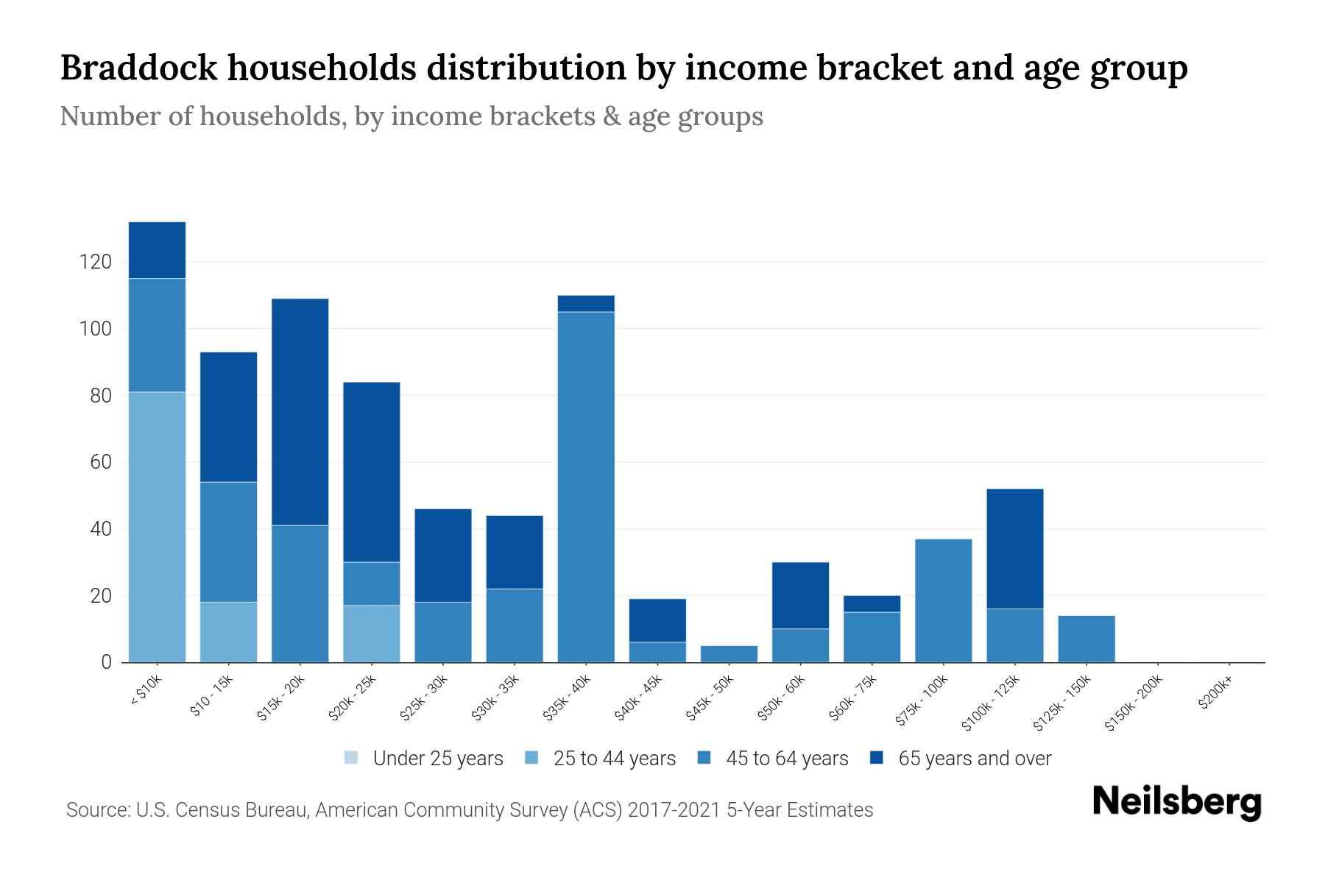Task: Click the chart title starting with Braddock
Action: click(x=623, y=68)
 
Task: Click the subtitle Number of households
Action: click(x=411, y=116)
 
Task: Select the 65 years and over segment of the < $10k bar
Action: click(x=157, y=250)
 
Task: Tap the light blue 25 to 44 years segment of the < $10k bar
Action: click(x=157, y=527)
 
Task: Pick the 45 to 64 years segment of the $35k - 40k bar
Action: click(x=586, y=487)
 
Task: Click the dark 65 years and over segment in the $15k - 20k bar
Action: click(x=300, y=412)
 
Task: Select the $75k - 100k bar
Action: click(x=943, y=600)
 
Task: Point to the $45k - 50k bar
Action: click(x=729, y=654)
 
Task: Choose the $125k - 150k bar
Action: click(x=1086, y=639)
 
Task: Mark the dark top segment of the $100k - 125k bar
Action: click(x=1014, y=549)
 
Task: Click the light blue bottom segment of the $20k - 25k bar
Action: click(x=371, y=634)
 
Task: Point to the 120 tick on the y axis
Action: click(x=96, y=262)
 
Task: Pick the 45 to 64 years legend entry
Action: click(x=773, y=759)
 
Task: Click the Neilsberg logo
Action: click(x=1176, y=801)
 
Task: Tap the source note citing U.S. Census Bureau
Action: click(x=469, y=810)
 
